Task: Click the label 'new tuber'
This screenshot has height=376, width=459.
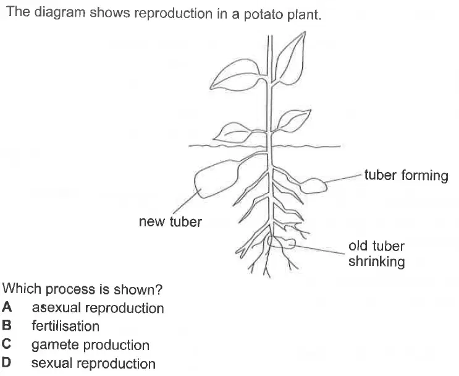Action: pos(170,221)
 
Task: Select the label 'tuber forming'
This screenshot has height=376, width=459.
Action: pos(406,176)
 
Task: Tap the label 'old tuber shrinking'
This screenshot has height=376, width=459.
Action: pos(376,254)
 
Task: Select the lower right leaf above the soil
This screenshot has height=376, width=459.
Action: pos(293,120)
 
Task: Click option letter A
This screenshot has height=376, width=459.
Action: pos(7,307)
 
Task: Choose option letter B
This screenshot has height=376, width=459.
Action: pos(6,325)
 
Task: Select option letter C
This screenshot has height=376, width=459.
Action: pos(6,344)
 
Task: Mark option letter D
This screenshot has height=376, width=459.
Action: pos(6,362)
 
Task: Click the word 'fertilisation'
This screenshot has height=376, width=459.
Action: pos(65,326)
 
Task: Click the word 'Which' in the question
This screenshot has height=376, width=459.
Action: pos(22,289)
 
